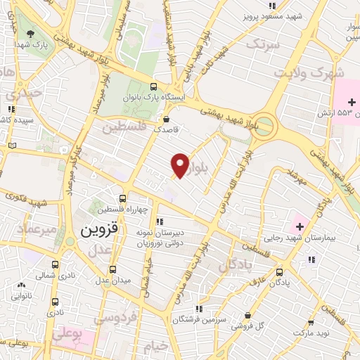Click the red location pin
pyautogui.click(x=181, y=165)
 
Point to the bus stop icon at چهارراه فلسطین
pyautogui.click(x=123, y=198)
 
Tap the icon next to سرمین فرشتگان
pyautogui.click(x=200, y=308)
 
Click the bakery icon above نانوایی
pyautogui.click(x=22, y=285)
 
